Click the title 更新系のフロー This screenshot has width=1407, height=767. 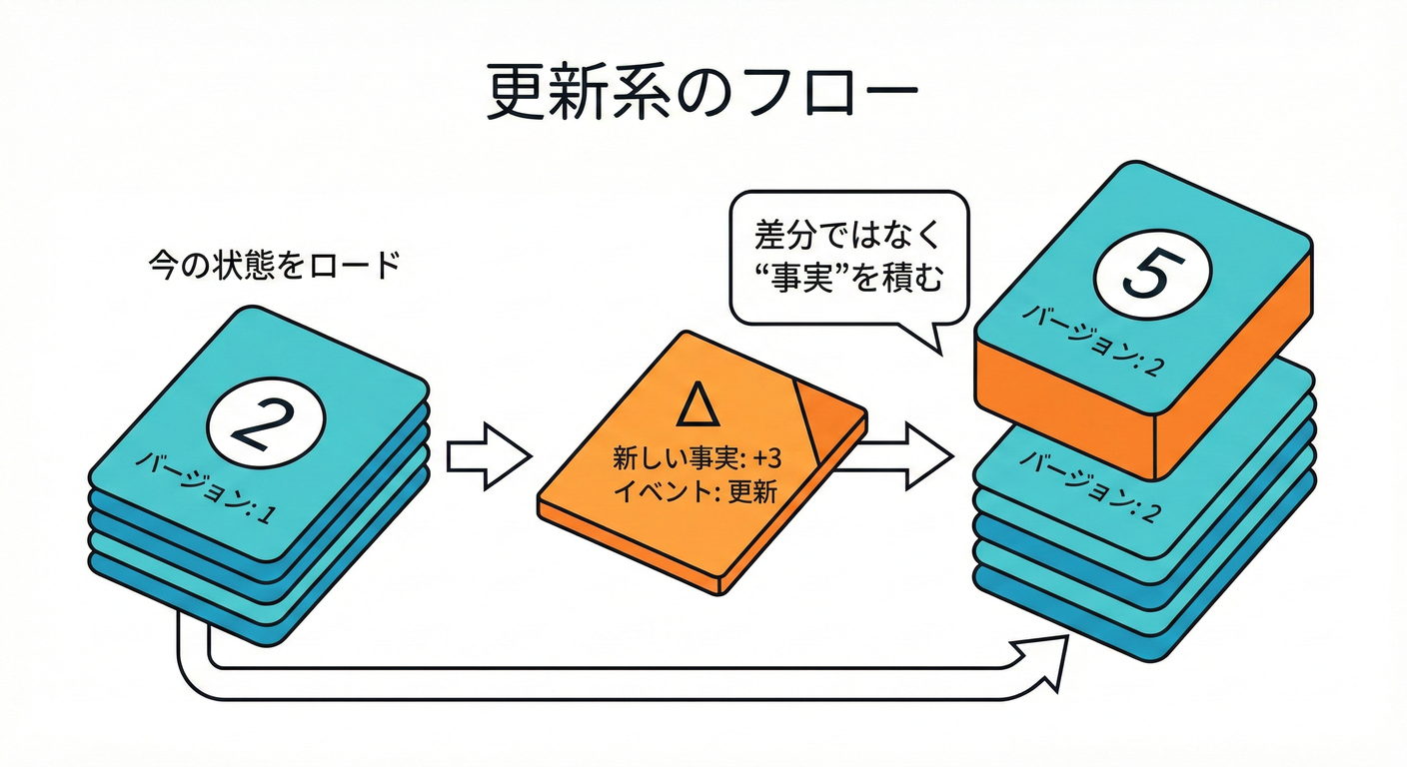tap(703, 95)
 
